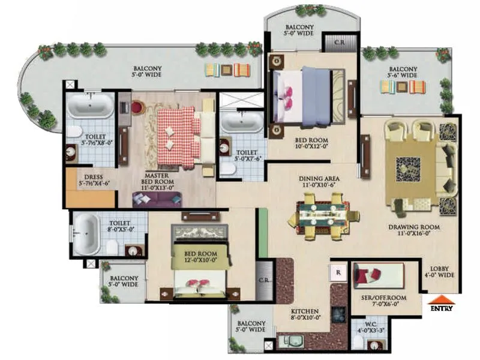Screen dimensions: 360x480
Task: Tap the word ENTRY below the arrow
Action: point(441,309)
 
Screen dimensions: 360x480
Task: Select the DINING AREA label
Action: point(320,182)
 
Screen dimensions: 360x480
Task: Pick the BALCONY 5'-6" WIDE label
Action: point(402,72)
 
